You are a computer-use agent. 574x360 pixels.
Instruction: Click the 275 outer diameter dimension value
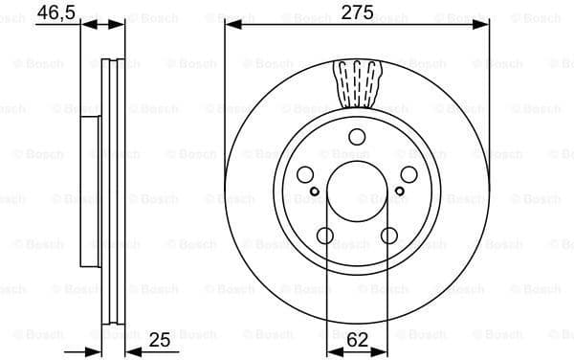tap(357, 13)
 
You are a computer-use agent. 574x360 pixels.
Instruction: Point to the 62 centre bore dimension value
tap(357, 340)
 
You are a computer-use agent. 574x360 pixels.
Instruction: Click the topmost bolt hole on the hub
tap(357, 136)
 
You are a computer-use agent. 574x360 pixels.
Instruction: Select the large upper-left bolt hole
tap(305, 174)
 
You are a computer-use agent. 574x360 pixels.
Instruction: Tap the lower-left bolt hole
tap(325, 236)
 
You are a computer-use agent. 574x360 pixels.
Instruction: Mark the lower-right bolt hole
tap(388, 236)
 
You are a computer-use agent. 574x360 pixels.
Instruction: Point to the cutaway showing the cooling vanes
tap(357, 80)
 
